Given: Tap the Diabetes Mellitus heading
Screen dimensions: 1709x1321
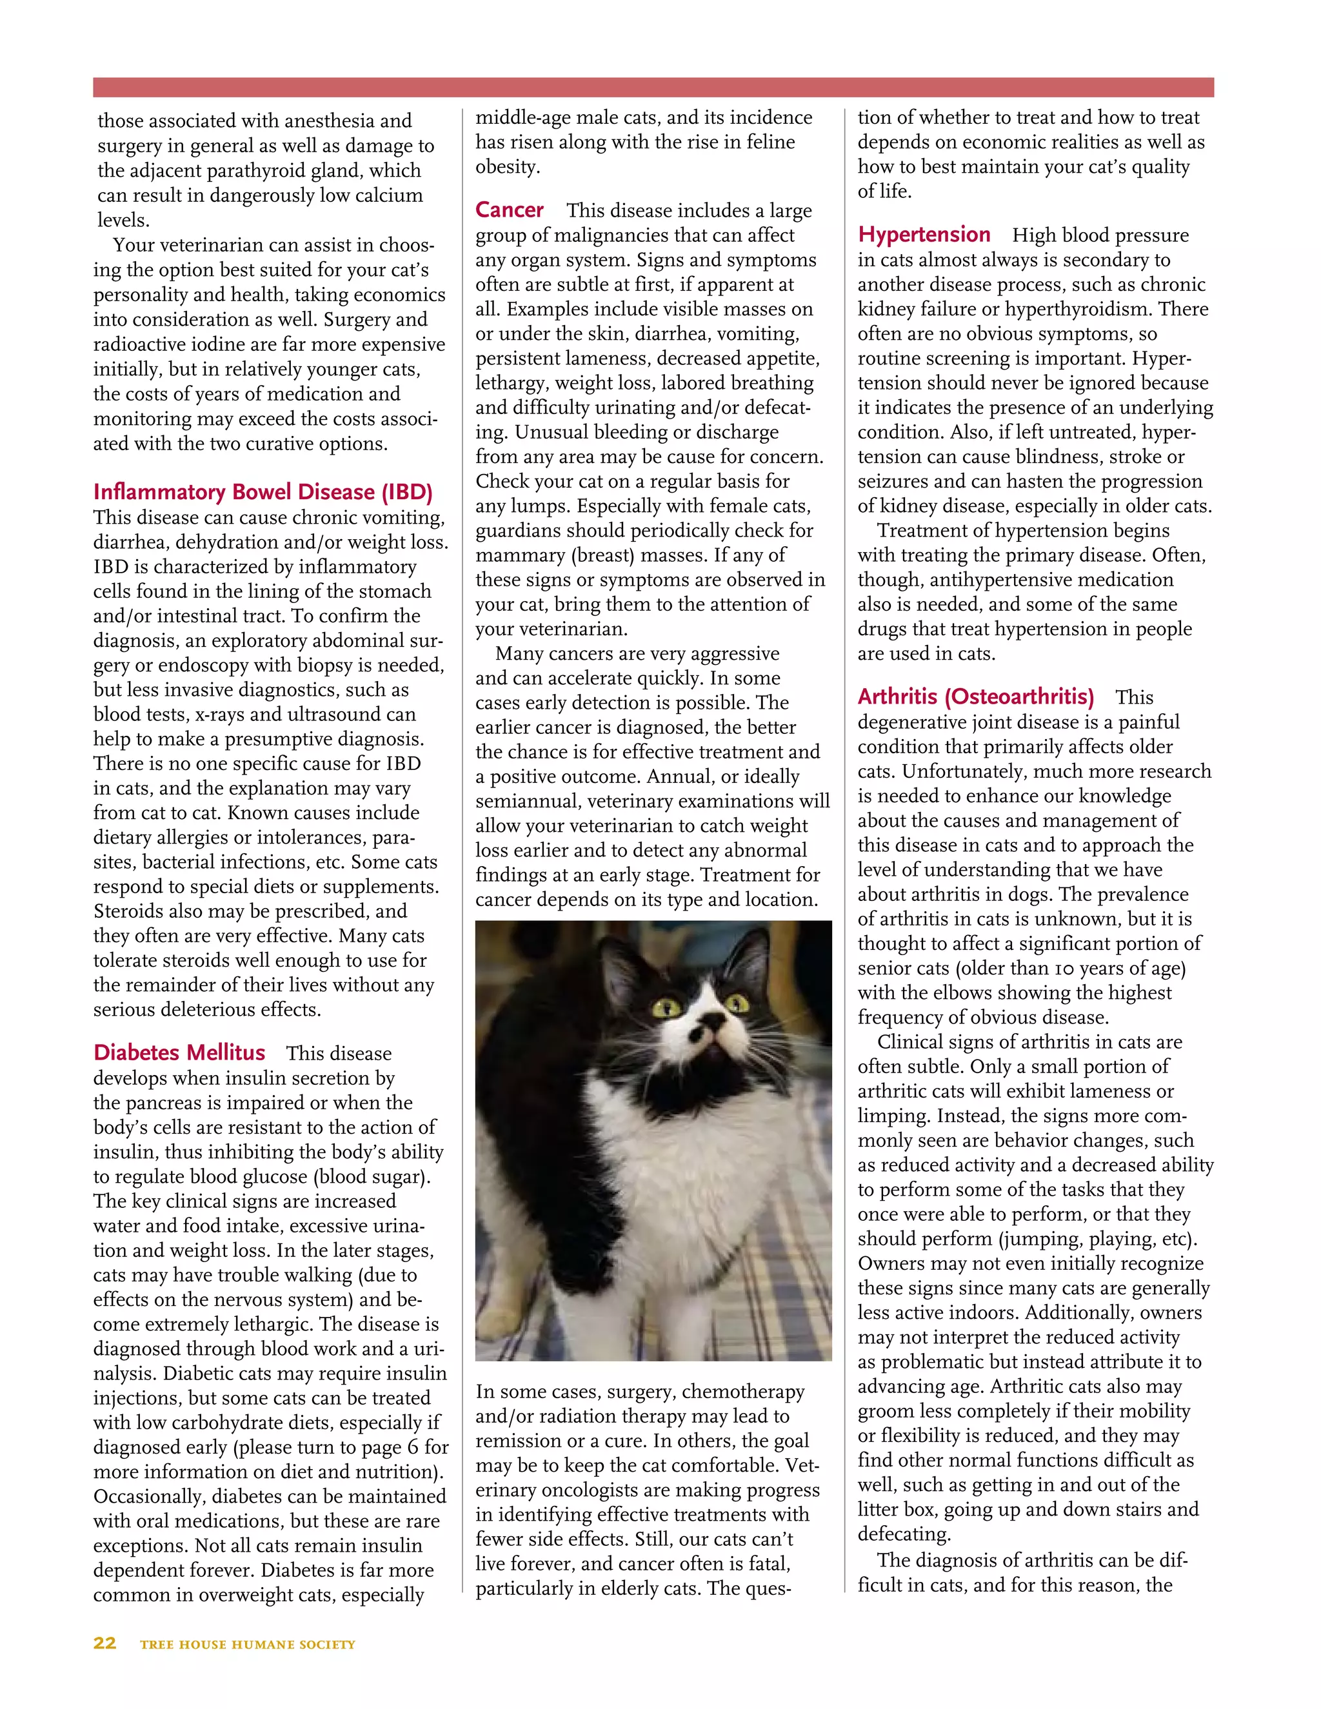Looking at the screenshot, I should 179,1052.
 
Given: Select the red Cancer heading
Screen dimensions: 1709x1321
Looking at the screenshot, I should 510,210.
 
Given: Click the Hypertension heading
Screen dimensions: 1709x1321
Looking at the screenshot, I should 924,234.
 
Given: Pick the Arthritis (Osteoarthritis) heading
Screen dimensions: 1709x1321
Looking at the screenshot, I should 975,696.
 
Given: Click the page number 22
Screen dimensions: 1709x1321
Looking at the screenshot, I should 105,1643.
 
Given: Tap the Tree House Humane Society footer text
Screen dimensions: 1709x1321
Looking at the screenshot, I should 247,1644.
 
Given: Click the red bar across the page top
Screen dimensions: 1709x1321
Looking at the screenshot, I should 653,87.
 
